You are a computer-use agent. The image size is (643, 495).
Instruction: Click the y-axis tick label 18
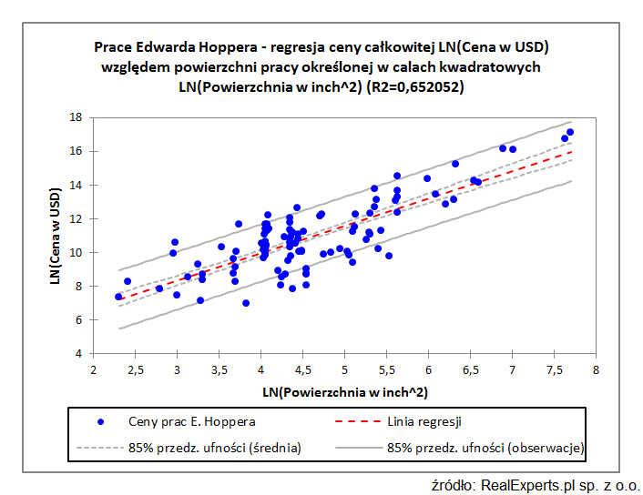[x=77, y=117]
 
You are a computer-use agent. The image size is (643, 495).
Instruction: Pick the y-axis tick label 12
[x=77, y=218]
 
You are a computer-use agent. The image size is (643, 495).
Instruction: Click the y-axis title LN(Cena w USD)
[x=56, y=235]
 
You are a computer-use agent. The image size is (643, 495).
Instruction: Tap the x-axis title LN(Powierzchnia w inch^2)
[x=344, y=392]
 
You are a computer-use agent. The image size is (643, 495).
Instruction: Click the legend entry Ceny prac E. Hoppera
[x=191, y=421]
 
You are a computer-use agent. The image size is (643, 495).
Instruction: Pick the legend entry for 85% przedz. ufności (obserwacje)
[x=485, y=447]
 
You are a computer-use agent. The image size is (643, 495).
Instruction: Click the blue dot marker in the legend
[x=101, y=421]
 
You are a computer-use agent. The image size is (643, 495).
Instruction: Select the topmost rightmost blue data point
[x=570, y=132]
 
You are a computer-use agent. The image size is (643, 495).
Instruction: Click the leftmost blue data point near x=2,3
[x=118, y=297]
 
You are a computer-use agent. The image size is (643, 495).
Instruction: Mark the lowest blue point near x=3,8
[x=246, y=303]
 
